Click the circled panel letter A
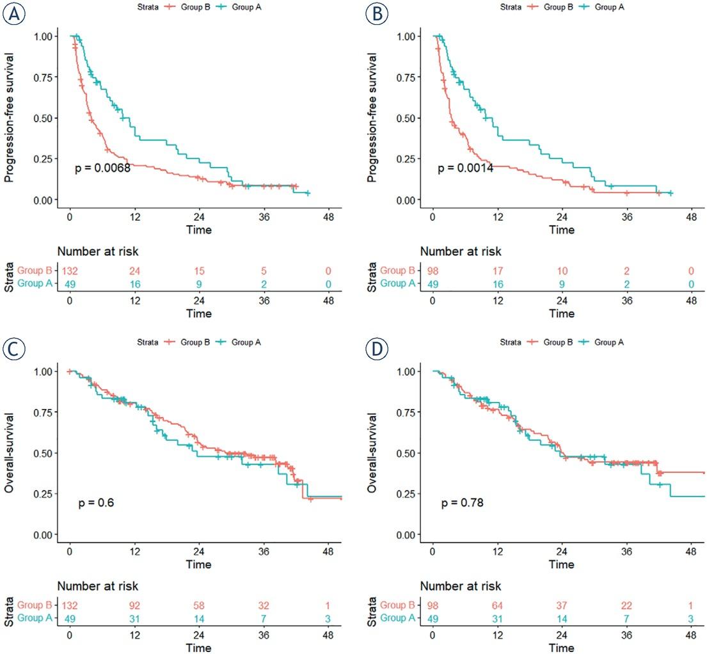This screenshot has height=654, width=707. tap(14, 15)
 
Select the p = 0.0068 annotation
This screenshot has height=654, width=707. tap(103, 168)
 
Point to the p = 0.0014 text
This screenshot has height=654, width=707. tap(465, 168)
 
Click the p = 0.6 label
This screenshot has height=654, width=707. tap(96, 504)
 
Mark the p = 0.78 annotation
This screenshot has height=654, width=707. tap(462, 504)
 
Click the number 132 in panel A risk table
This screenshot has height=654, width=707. tap(69, 270)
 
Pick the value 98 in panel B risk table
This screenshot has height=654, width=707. tap(433, 270)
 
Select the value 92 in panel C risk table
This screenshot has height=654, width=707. tap(134, 605)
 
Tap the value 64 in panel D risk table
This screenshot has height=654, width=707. tap(497, 605)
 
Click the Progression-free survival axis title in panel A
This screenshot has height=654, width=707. tap(10, 118)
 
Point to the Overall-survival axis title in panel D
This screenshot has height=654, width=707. tap(373, 453)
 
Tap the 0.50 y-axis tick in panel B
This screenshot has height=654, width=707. tap(405, 118)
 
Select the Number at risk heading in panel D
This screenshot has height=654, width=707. tap(461, 586)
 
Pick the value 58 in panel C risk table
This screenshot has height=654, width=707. tap(198, 605)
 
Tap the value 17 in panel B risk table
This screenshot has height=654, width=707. tap(497, 270)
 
